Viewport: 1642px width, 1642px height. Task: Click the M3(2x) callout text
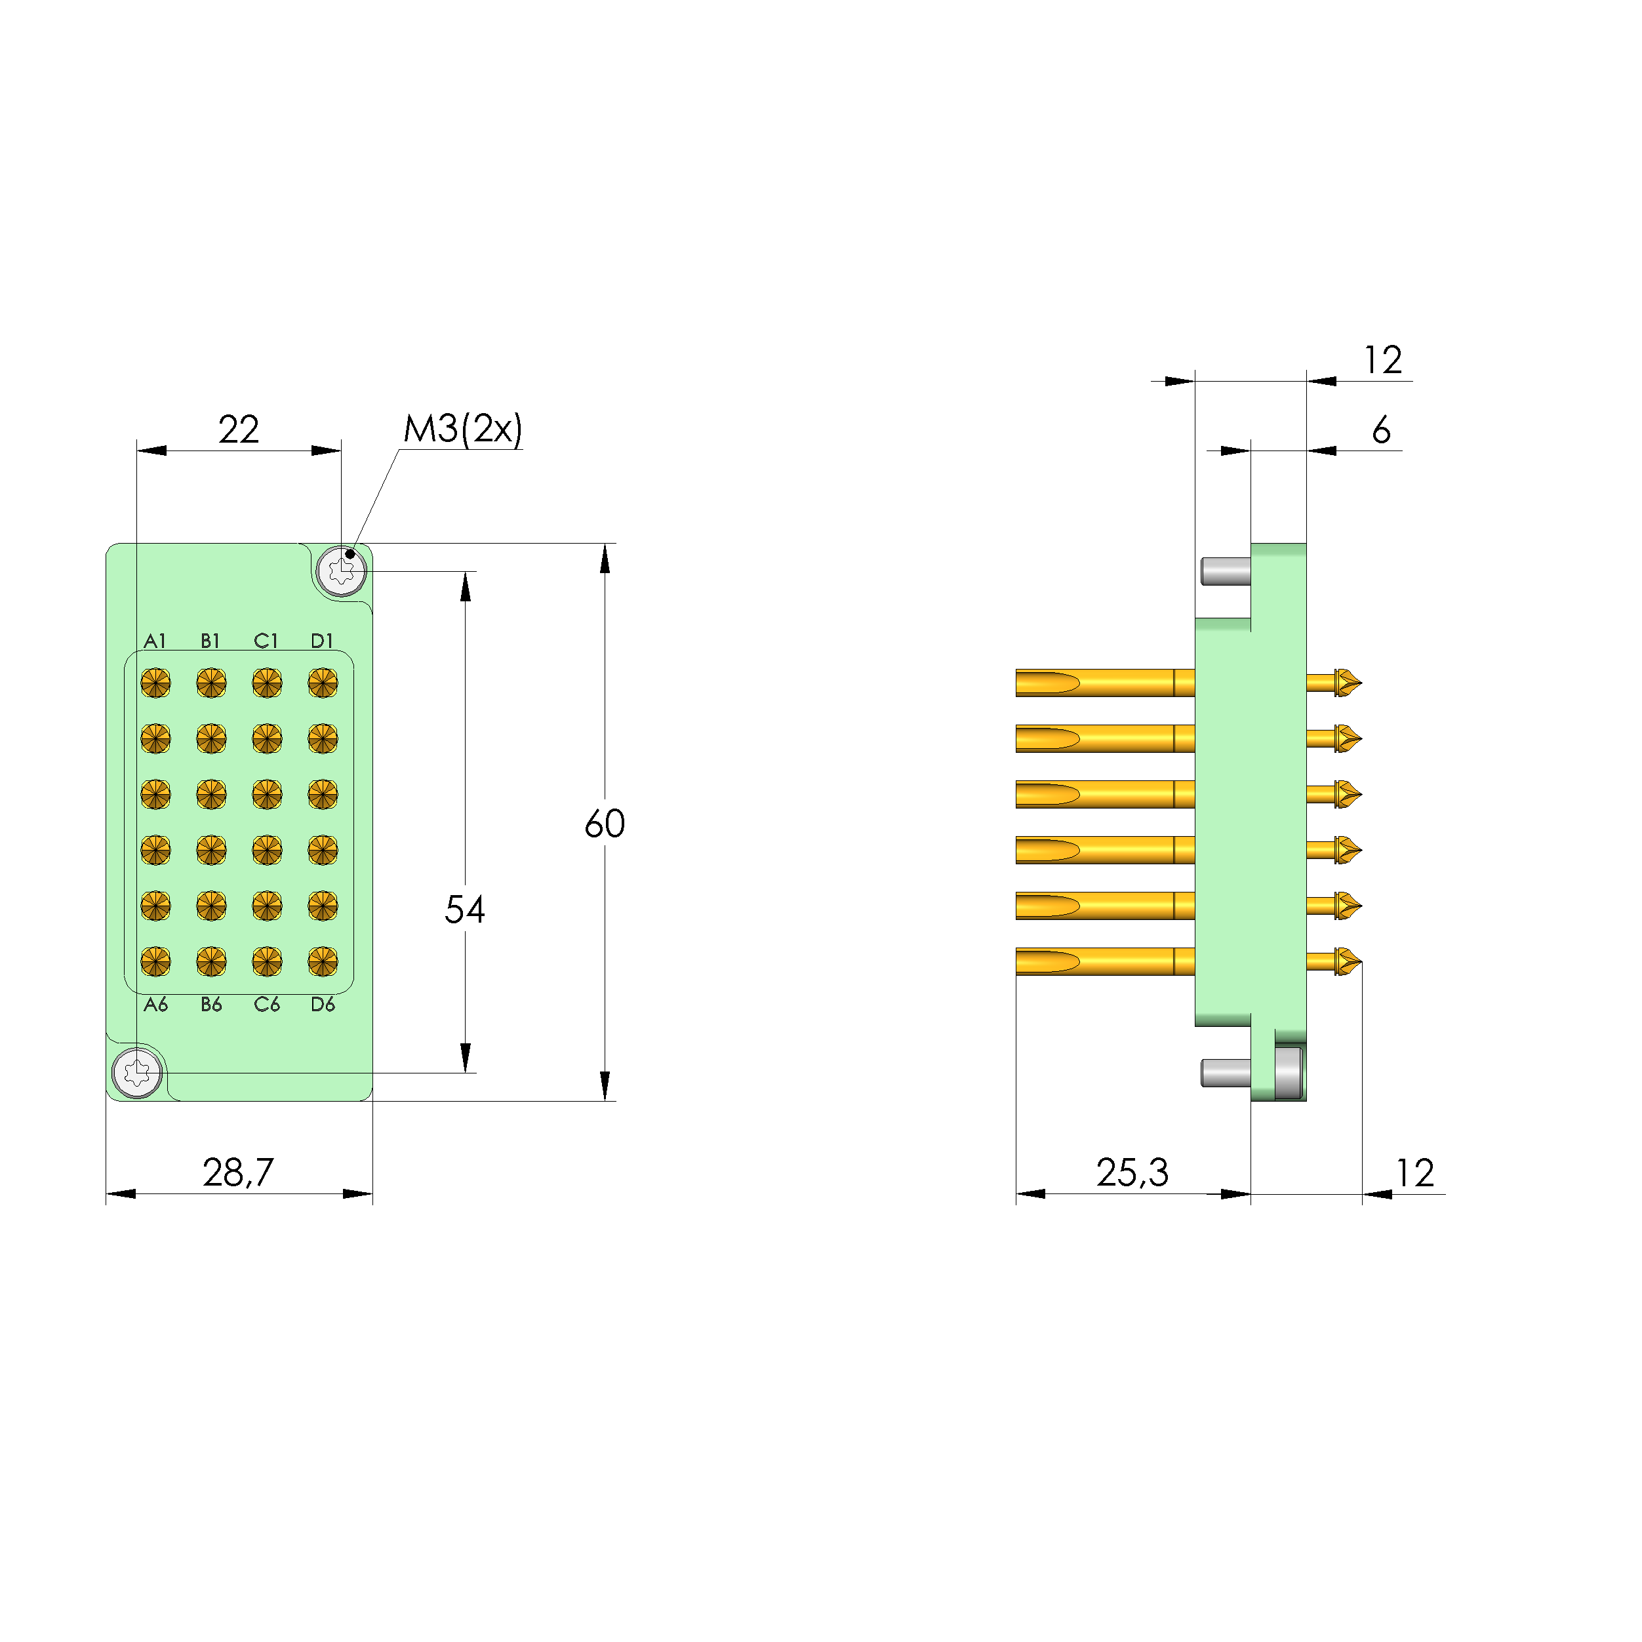462,430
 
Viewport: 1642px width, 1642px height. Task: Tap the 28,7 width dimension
238,1173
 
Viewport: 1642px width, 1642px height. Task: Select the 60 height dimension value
605,824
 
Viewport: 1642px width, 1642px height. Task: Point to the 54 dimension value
465,910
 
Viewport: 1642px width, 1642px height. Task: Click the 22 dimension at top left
238,430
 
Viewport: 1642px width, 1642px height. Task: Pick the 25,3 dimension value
1132,1173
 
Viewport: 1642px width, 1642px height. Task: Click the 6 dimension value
1381,430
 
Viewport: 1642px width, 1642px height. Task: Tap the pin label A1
155,641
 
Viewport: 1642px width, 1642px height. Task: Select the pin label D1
322,641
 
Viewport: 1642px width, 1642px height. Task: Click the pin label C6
267,1005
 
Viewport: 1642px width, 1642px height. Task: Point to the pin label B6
210,1005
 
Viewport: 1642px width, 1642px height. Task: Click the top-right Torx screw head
341,571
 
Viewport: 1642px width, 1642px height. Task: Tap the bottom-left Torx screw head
137,1073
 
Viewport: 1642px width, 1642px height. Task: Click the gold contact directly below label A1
155,683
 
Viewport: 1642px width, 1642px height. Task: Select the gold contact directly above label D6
323,961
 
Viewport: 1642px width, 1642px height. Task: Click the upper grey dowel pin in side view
1225,571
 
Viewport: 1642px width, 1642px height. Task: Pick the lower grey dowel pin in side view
1225,1073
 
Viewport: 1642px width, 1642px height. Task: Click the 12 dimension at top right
1383,361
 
